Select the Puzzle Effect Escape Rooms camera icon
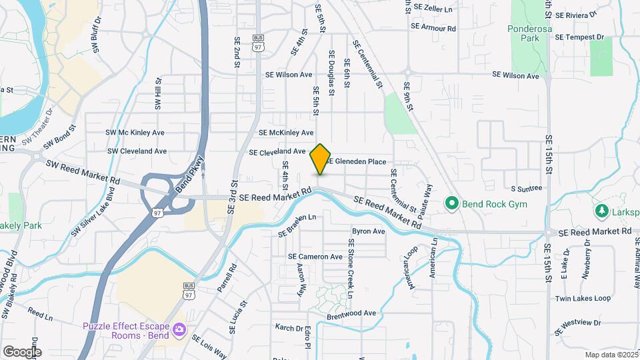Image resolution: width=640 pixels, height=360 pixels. click(179, 330)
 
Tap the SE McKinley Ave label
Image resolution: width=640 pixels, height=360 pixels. click(286, 133)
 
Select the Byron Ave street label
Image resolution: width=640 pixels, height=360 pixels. click(368, 231)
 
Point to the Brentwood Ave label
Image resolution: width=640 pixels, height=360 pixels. click(351, 313)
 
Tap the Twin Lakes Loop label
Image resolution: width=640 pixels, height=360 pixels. click(583, 298)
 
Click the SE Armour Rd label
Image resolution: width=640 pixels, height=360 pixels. click(433, 28)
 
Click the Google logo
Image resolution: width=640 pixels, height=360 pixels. click(21, 351)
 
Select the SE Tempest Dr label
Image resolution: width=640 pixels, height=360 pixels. click(579, 37)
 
